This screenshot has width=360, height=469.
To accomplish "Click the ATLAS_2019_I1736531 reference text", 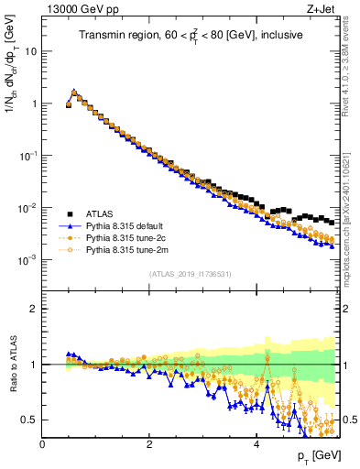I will [x=190, y=273].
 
